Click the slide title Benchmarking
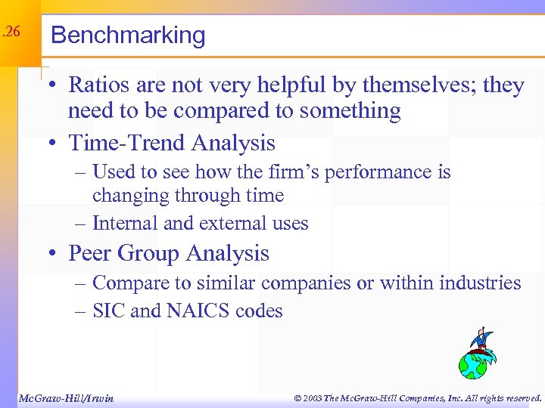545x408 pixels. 128,36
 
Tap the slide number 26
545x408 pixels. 11,32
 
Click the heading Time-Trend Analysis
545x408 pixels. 172,143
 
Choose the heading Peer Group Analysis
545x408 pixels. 168,253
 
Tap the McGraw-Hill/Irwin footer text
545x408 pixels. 66,397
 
